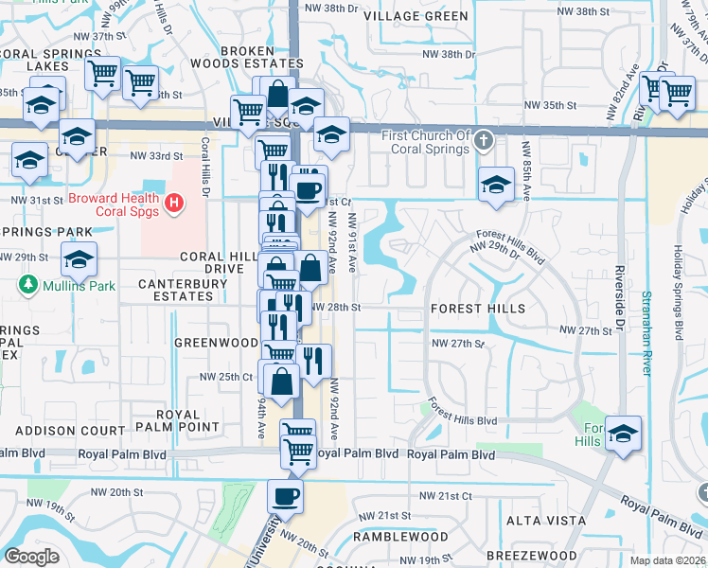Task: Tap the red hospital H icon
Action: [173, 203]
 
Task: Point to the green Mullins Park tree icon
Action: [29, 284]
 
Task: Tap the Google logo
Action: [31, 557]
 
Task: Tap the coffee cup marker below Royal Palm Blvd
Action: [285, 496]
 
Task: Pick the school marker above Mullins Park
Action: [80, 258]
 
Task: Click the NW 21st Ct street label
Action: [445, 496]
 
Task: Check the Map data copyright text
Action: [666, 559]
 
